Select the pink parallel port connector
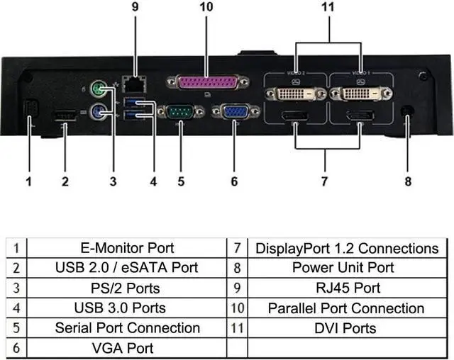click(x=207, y=84)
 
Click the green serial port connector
click(x=180, y=113)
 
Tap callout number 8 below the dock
click(x=408, y=181)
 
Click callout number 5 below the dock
click(x=181, y=181)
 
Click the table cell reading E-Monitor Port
click(x=127, y=248)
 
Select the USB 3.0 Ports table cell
click(x=120, y=308)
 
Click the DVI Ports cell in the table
click(x=345, y=327)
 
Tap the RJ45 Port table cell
click(x=345, y=288)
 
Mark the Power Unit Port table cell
click(x=345, y=268)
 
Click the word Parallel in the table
click(x=292, y=308)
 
